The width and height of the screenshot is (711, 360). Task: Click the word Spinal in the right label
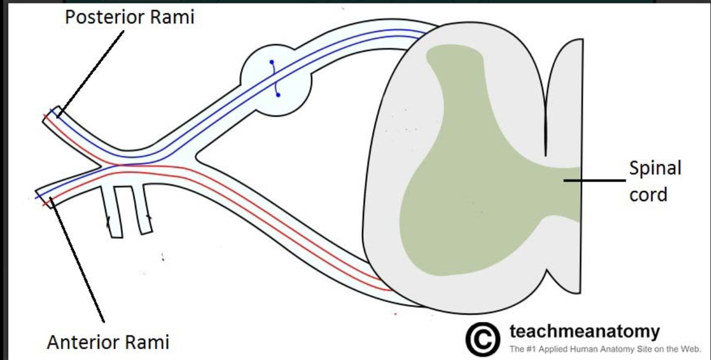655,168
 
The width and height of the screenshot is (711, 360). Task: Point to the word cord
648,194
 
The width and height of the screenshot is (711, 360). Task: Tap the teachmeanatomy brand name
585,331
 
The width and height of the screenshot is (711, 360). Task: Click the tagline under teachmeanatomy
605,349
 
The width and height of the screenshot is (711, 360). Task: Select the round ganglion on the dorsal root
276,80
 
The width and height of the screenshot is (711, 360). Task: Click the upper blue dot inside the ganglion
271,62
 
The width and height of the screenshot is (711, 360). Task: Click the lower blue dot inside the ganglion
278,95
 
